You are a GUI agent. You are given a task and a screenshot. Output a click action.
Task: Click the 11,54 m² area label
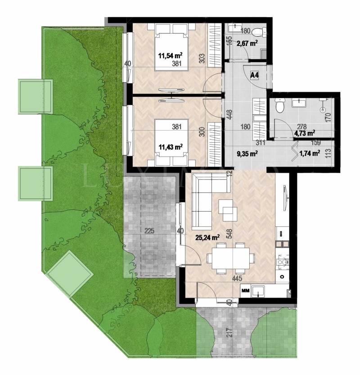(x=170, y=56)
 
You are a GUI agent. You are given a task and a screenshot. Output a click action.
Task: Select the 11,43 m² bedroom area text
(x=170, y=147)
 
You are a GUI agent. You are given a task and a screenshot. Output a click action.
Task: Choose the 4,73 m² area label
(x=305, y=133)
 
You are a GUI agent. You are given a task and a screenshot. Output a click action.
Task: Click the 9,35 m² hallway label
(x=247, y=154)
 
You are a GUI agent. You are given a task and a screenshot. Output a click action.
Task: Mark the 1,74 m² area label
(x=310, y=154)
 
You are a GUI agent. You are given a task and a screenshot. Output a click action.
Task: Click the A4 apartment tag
(x=255, y=75)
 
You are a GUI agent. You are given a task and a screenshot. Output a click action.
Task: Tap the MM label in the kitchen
(x=246, y=292)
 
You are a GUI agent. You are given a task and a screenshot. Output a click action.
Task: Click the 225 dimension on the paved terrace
(x=150, y=231)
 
